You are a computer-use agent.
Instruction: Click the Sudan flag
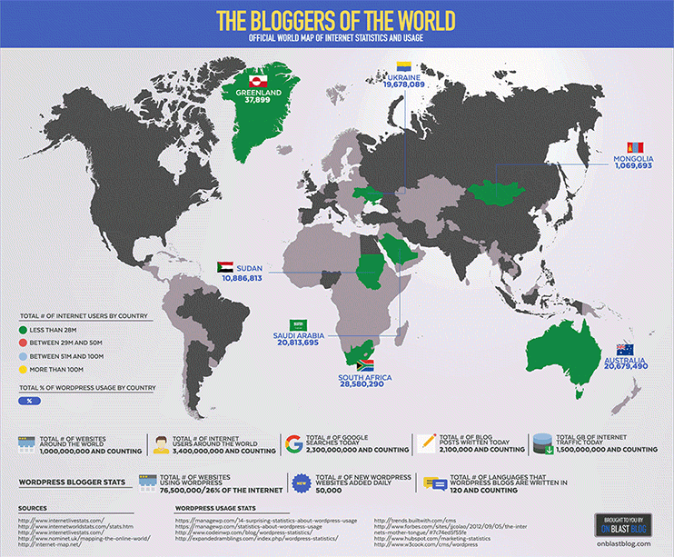coord(224,267)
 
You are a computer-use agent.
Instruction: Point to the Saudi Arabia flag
coord(295,324)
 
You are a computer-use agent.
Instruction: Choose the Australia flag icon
coord(624,350)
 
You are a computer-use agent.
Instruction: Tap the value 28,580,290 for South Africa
coord(362,385)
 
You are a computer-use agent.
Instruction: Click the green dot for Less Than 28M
coord(23,329)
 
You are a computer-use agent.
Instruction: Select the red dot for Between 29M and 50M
coord(23,343)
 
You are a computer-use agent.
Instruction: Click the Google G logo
coord(293,443)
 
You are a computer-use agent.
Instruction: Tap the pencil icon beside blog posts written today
coord(425,443)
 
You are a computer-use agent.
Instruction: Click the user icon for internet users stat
coord(162,443)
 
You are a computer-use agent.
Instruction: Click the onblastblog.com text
coord(625,544)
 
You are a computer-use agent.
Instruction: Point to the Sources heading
coord(34,509)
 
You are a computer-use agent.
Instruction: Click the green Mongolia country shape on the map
coord(500,192)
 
